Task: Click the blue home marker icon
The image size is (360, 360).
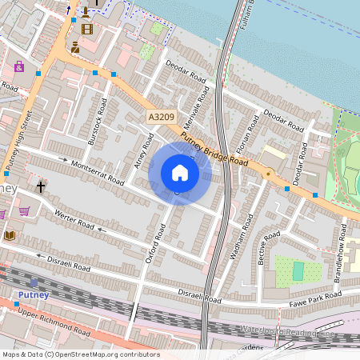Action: pyautogui.click(x=180, y=173)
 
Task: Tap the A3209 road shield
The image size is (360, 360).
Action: pyautogui.click(x=161, y=118)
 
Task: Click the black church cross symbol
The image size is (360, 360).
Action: pyautogui.click(x=41, y=187)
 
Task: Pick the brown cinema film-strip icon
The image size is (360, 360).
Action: pyautogui.click(x=86, y=29)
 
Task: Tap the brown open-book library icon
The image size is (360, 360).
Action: pyautogui.click(x=10, y=235)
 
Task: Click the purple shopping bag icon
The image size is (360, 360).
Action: pyautogui.click(x=19, y=66)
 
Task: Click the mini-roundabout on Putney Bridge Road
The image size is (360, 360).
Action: pyautogui.click(x=267, y=173)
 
